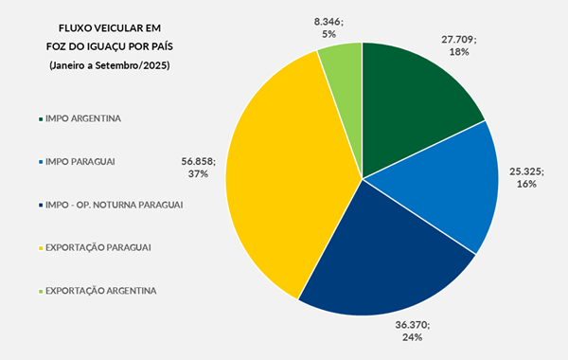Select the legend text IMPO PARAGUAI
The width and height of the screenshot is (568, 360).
click(x=81, y=162)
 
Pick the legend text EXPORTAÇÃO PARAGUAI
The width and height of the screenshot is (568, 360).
click(x=98, y=247)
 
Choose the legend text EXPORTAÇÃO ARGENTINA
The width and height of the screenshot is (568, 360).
click(x=100, y=290)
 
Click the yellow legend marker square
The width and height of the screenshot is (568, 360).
click(x=39, y=247)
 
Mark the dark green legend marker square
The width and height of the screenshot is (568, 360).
click(x=39, y=119)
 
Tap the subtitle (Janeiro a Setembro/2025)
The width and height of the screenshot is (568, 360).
click(x=111, y=63)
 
